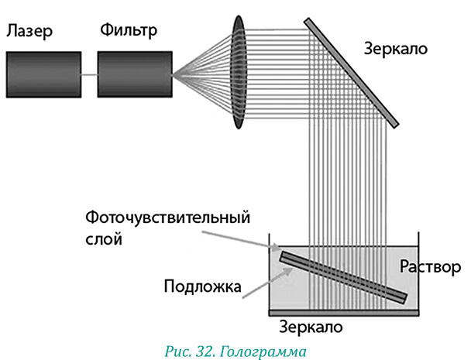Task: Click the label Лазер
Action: pyautogui.click(x=29, y=31)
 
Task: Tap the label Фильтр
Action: pyautogui.click(x=129, y=31)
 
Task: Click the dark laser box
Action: pyautogui.click(x=44, y=74)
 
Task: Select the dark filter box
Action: pyautogui.click(x=135, y=74)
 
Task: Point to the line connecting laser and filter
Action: pyautogui.click(x=90, y=74)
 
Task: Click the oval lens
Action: pyautogui.click(x=239, y=72)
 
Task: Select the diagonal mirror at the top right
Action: pyautogui.click(x=352, y=73)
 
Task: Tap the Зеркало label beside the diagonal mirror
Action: pyautogui.click(x=396, y=49)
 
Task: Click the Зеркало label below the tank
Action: pyautogui.click(x=311, y=327)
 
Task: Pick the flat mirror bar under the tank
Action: pyautogui.click(x=344, y=313)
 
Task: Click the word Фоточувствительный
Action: pyautogui.click(x=167, y=218)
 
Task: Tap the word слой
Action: pyautogui.click(x=104, y=239)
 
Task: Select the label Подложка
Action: pyautogui.click(x=202, y=286)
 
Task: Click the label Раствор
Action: pyautogui.click(x=430, y=266)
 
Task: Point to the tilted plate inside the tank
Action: pyautogui.click(x=344, y=278)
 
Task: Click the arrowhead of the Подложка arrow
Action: pyautogui.click(x=289, y=271)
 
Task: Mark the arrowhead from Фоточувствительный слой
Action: pyautogui.click(x=277, y=248)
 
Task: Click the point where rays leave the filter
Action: pyautogui.click(x=173, y=74)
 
